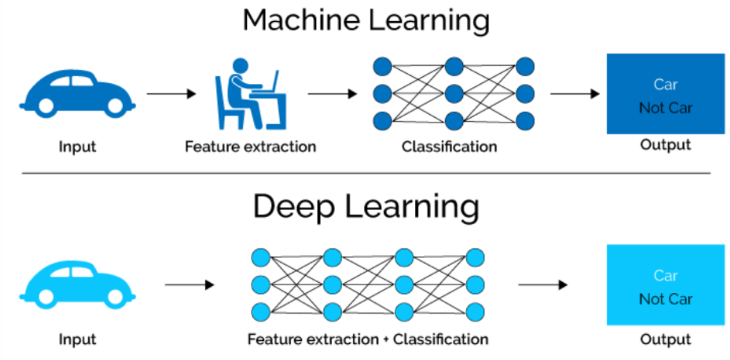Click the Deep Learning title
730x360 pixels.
pyautogui.click(x=366, y=206)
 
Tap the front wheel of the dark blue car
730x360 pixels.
pyautogui.click(x=115, y=106)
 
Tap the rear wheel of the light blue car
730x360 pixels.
pyautogui.click(x=46, y=297)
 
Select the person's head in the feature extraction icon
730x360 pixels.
pyautogui.click(x=241, y=65)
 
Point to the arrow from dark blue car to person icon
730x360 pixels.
pyautogui.click(x=171, y=94)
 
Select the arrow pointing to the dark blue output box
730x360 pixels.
pyautogui.click(x=575, y=94)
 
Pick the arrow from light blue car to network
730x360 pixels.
pyautogui.click(x=190, y=285)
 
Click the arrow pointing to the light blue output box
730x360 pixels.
pyautogui.click(x=543, y=285)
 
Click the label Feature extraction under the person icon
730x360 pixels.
pyautogui.click(x=250, y=147)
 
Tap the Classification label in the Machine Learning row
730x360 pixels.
pyautogui.click(x=449, y=147)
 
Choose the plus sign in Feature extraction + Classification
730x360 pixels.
pyautogui.click(x=386, y=339)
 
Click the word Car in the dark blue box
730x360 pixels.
pyautogui.click(x=666, y=85)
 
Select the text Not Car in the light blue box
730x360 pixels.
pyautogui.click(x=666, y=299)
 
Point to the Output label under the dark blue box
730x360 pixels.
pyautogui.click(x=666, y=145)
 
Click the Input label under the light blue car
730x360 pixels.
pyautogui.click(x=77, y=339)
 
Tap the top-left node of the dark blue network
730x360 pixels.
pyautogui.click(x=382, y=66)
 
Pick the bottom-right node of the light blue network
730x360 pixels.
pyautogui.click(x=475, y=312)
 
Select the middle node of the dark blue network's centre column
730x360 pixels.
pyautogui.click(x=454, y=94)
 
